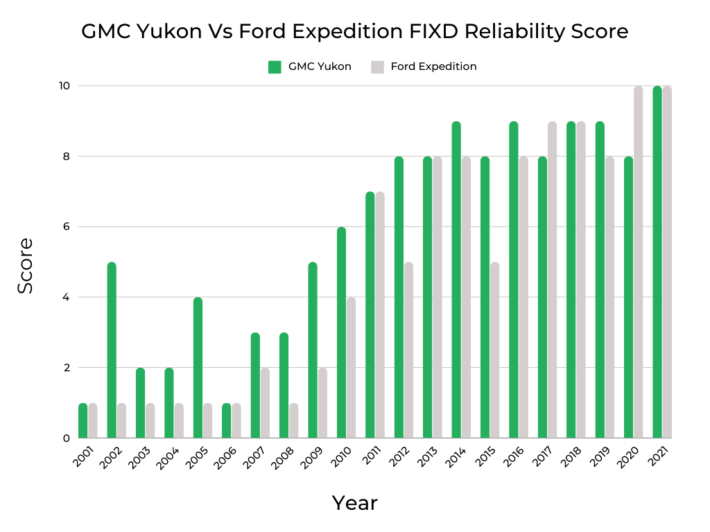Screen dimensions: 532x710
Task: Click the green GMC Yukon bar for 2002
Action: [x=112, y=350]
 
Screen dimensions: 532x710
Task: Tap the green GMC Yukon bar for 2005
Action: [x=198, y=367]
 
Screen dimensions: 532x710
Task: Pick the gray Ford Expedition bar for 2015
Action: [x=494, y=350]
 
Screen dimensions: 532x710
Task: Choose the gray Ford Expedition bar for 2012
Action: [x=408, y=350]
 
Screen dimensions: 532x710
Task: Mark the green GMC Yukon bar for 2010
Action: [x=341, y=332]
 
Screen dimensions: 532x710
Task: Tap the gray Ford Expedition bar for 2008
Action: [x=293, y=420]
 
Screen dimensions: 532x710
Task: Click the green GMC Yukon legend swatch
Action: [x=275, y=67]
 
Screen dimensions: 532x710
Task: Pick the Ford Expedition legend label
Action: [x=433, y=67]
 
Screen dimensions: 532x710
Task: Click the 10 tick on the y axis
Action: [x=64, y=86]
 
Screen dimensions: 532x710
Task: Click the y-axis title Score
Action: [x=25, y=265]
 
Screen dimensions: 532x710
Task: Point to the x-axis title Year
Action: [x=354, y=503]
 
